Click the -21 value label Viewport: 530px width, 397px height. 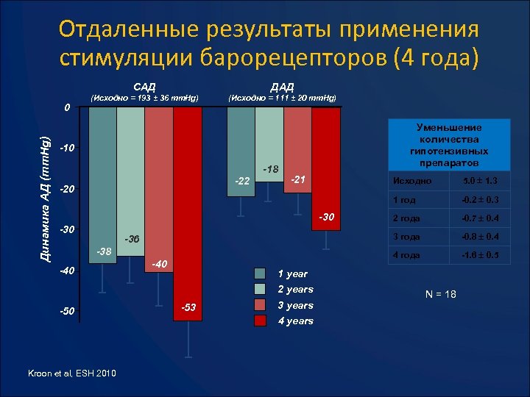[298, 179]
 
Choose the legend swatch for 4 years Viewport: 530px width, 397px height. [264, 321]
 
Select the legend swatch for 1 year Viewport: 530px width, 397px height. [264, 273]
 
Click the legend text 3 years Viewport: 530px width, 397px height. [296, 305]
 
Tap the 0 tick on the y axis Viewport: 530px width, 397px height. [66, 108]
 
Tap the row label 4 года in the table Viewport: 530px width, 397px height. [406, 254]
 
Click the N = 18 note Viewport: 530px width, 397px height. [440, 294]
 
